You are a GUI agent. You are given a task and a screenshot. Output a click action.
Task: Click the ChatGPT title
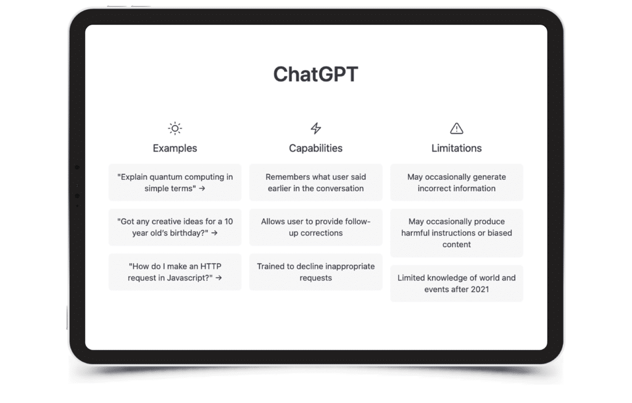(315, 75)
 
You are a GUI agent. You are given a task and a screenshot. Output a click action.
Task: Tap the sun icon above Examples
(175, 128)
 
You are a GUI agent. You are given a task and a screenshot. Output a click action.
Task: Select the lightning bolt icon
(315, 128)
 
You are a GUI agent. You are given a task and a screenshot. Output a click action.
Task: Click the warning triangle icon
(456, 128)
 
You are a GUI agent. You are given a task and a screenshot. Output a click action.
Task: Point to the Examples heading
(175, 148)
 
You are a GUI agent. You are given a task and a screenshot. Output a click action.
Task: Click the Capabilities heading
(315, 148)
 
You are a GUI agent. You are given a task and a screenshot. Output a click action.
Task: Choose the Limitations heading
(456, 148)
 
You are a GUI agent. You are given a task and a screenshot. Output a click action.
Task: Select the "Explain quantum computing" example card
(175, 182)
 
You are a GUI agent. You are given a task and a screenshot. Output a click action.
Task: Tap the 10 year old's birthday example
(175, 227)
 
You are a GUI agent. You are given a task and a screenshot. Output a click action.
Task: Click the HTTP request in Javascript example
(175, 272)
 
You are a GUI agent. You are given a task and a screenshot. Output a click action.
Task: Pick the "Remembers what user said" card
(315, 182)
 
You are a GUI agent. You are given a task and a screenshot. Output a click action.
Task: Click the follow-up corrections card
(315, 227)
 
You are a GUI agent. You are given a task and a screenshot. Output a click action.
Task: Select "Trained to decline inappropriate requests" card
(315, 272)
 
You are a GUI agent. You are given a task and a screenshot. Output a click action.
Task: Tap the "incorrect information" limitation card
(456, 182)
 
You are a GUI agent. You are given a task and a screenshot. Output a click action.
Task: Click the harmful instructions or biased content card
(456, 233)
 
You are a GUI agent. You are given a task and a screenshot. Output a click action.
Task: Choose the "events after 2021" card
(456, 283)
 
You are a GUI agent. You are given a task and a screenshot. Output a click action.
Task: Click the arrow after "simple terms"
(202, 189)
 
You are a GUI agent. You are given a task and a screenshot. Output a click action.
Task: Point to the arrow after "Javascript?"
(218, 278)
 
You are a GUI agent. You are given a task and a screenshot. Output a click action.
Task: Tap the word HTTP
(211, 266)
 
